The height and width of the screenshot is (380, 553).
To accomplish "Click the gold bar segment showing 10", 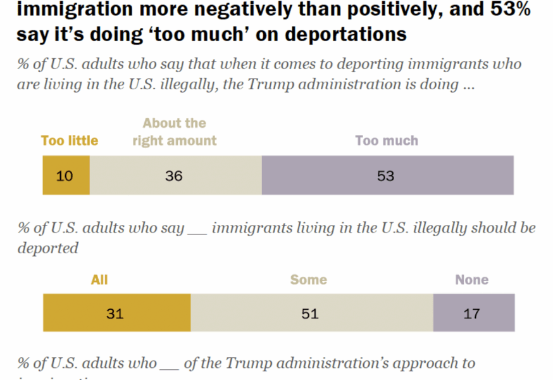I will [66, 175].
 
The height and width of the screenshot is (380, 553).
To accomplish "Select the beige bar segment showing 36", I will [175, 175].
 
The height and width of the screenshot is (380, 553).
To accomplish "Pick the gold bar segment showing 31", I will [116, 313].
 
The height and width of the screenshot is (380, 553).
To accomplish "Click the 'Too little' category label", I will [70, 141].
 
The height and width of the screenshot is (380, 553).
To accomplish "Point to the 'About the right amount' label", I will [175, 132].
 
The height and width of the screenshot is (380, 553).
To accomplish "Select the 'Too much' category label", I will [387, 141].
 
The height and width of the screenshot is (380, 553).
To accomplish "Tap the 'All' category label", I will [99, 279].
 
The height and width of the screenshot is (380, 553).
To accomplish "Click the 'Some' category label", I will [309, 279].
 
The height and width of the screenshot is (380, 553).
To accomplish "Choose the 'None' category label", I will [472, 279].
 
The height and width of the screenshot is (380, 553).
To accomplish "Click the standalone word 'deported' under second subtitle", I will [48, 248].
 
